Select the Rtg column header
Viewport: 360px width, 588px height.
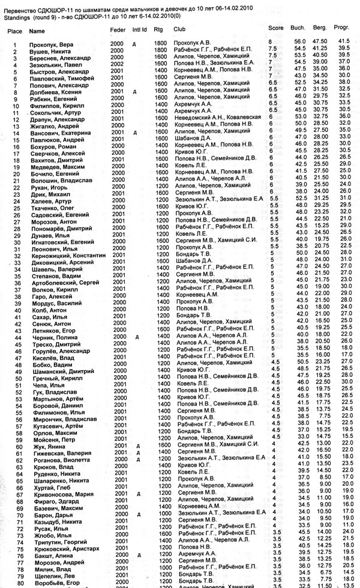pyautogui.click(x=158, y=29)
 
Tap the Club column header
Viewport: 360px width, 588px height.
pyautogui.click(x=179, y=29)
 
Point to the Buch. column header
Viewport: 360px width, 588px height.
pyautogui.click(x=296, y=28)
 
